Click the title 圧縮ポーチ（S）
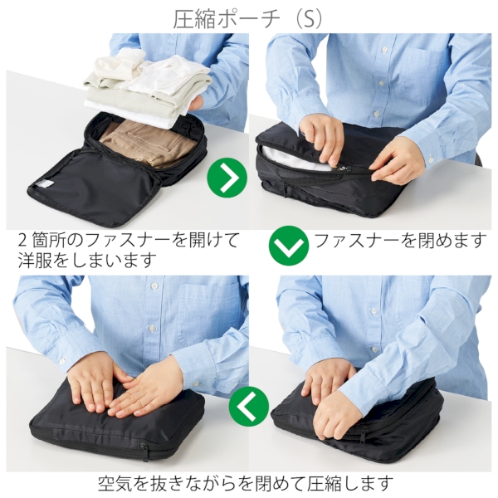(x=248, y=18)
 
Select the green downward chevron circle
(x=289, y=246)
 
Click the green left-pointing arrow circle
(x=250, y=406)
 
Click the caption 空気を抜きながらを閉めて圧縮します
(x=245, y=481)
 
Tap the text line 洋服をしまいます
(x=86, y=261)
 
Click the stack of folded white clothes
(x=141, y=83)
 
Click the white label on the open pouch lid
(x=46, y=184)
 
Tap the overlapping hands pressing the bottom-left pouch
(x=124, y=386)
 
